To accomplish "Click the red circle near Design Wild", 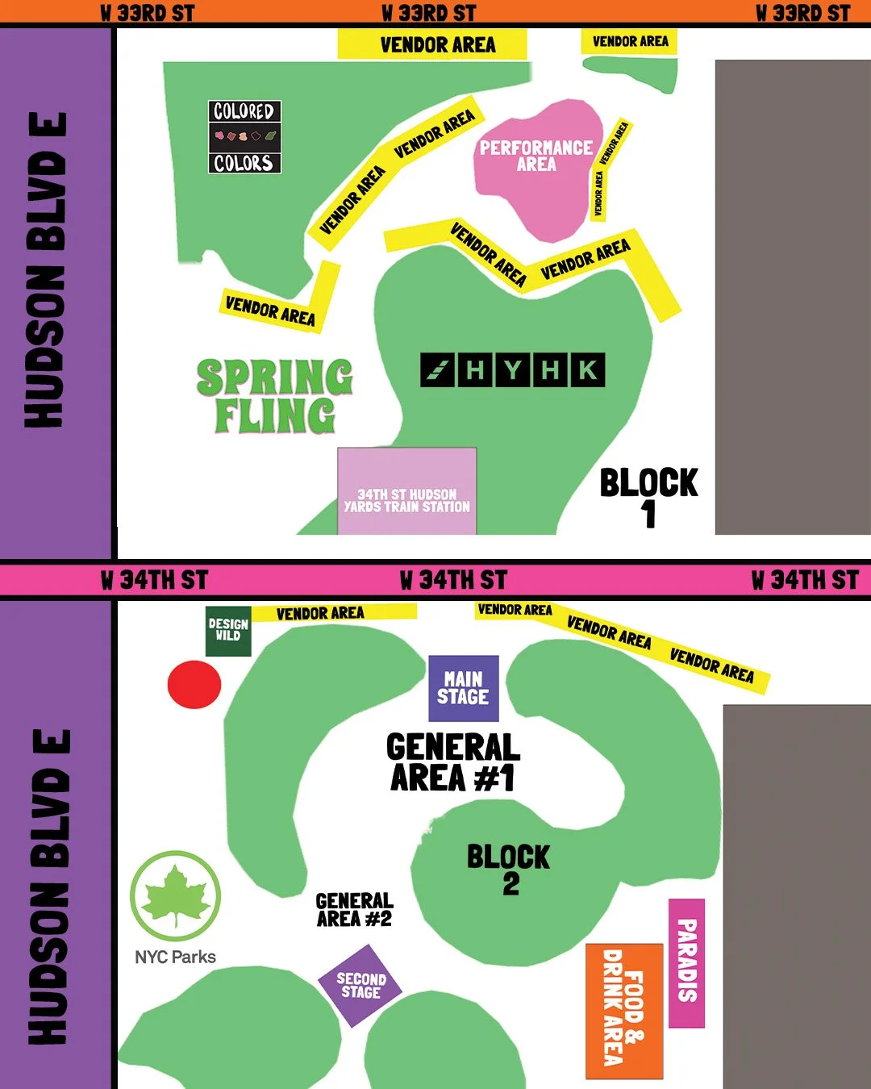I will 194,685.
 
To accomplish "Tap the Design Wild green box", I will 228,630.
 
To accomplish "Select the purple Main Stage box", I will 463,688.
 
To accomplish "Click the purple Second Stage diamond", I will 360,985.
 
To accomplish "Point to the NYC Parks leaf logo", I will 175,895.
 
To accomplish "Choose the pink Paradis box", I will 686,962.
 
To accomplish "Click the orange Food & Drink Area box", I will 624,1010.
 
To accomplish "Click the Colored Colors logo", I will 244,136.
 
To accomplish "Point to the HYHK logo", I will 512,370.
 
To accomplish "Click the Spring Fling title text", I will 275,396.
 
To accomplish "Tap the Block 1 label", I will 648,497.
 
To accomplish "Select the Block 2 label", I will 509,870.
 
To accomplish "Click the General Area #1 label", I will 452,762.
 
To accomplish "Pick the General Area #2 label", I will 354,910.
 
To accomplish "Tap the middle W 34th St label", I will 453,580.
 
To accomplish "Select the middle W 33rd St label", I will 428,13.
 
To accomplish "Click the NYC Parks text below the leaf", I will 175,957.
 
